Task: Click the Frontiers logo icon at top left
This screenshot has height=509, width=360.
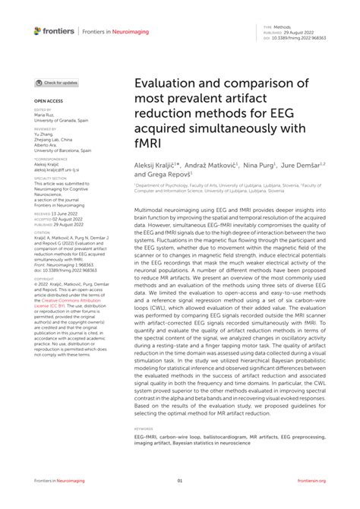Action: pos(38,30)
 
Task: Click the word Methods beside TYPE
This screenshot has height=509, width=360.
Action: pos(292,25)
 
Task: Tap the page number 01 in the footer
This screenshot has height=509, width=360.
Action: pos(180,481)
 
